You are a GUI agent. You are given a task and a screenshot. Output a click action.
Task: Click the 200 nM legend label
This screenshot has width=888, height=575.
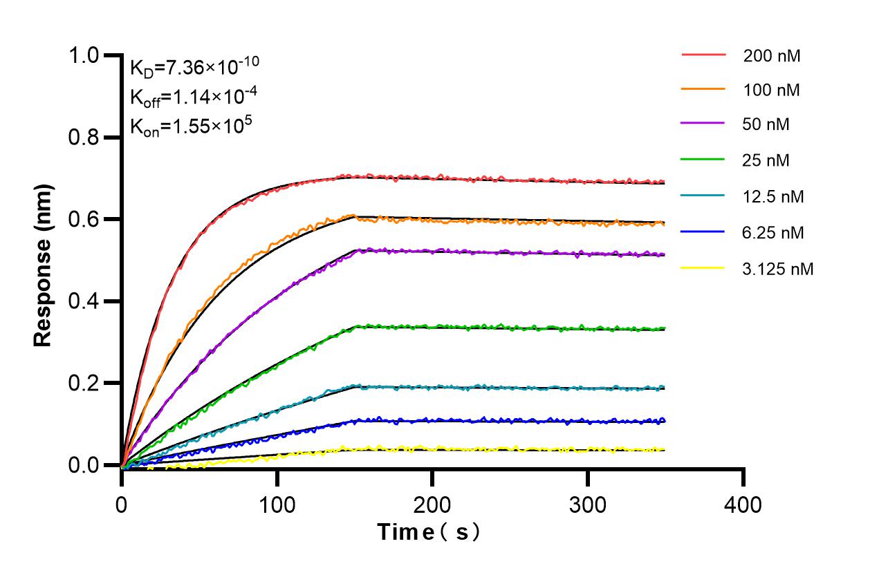pos(772,56)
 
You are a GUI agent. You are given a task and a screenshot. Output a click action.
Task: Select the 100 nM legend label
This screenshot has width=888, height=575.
pos(772,90)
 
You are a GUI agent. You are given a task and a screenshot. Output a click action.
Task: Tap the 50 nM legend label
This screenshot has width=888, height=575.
pos(766,125)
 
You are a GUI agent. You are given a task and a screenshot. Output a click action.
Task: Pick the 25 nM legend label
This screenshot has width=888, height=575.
pos(766,160)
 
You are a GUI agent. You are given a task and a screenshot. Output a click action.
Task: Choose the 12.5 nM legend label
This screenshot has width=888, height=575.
pos(774,197)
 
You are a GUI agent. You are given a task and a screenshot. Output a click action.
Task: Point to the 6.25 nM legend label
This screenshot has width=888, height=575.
pos(774,233)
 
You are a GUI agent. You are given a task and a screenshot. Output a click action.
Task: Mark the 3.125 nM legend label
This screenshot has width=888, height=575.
pos(778,269)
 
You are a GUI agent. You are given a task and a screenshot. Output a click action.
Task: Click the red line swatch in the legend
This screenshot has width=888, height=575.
pos(703,55)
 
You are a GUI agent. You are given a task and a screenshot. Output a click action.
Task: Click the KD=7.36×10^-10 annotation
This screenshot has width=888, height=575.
pos(194,67)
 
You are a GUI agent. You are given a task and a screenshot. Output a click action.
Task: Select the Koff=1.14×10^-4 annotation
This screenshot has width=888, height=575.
pos(185,97)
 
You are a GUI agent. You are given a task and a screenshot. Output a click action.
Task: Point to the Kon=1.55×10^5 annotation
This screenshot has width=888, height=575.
pos(183,127)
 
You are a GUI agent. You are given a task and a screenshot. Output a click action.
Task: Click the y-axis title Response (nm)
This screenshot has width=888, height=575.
pos(44,265)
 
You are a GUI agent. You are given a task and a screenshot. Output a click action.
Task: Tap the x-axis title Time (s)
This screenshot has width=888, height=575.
pos(429,532)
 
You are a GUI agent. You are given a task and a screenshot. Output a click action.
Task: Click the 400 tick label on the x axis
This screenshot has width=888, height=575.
pos(743,505)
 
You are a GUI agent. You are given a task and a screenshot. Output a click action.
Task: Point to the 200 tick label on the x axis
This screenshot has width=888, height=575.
pos(432,505)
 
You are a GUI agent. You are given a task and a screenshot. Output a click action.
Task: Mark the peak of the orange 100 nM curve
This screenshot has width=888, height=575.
pos(354,215)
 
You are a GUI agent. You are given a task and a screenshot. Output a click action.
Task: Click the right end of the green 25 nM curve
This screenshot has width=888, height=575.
pos(665,328)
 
